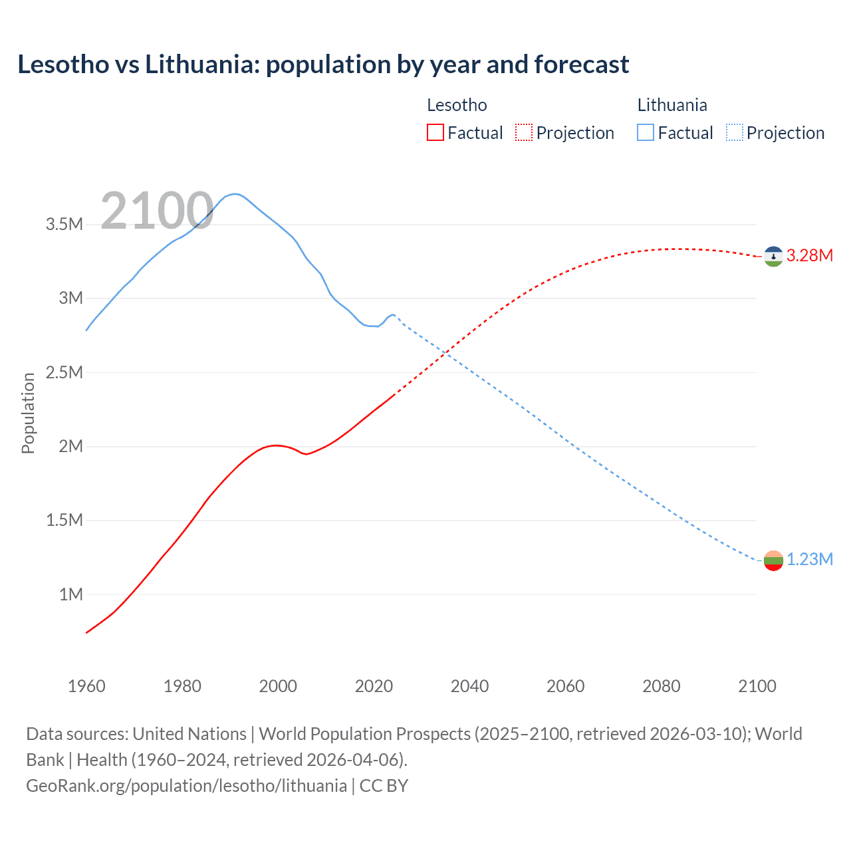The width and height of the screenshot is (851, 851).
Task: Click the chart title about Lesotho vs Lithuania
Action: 323,64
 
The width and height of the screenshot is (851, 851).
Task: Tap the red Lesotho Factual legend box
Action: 435,132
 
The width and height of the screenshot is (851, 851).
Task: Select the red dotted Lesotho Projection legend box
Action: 524,132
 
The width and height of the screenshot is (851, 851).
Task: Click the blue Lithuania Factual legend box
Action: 645,132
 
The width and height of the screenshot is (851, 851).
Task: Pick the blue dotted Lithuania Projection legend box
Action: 734,132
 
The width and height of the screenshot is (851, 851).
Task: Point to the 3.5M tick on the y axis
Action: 64,224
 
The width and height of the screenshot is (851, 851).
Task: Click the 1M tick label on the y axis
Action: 71,594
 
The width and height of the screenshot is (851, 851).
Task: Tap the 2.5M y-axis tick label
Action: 64,372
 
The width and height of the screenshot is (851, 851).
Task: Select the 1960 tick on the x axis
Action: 86,686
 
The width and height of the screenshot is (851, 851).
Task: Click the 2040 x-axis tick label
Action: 469,686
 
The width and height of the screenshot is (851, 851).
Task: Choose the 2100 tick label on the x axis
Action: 757,686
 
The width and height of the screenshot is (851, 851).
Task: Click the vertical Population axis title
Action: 28,413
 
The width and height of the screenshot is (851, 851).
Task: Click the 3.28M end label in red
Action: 809,256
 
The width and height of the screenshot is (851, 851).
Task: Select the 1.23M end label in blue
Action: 809,560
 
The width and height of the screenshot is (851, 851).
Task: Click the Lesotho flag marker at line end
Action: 773,257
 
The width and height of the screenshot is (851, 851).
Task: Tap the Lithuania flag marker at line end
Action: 773,560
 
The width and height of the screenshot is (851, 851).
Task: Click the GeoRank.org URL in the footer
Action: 186,785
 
